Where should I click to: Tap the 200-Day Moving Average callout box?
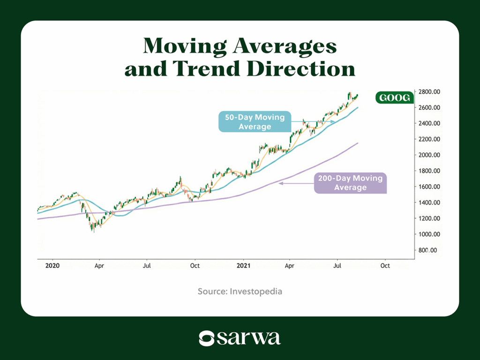coord(350,183)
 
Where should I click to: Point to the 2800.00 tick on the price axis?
coord(429,92)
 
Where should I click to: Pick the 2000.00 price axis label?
coord(429,155)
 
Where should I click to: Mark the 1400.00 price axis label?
coord(429,202)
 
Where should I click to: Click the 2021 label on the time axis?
coord(244,266)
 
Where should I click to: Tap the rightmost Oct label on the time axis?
coord(385,266)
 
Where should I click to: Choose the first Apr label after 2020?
coord(99,266)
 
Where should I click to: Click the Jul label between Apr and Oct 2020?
coord(147,266)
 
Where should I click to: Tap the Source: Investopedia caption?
coord(240,292)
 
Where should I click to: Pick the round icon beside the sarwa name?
coord(207,338)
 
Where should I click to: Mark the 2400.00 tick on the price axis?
coord(429,123)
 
